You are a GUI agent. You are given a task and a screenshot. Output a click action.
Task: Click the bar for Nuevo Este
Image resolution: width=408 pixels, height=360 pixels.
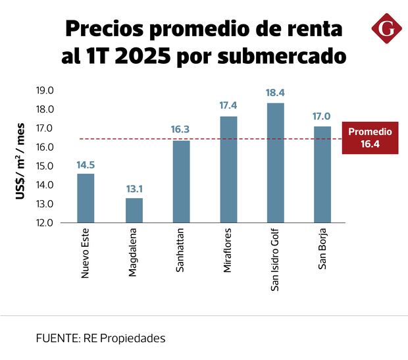(x=86, y=198)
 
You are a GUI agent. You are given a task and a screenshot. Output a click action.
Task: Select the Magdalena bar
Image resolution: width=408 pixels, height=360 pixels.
(x=134, y=210)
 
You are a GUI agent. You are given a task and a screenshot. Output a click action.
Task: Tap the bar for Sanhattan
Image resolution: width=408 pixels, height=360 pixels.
(x=181, y=182)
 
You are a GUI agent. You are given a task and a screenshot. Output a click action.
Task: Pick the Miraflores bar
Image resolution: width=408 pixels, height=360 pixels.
(x=228, y=170)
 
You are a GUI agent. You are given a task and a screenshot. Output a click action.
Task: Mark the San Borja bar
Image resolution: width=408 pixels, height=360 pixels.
(x=322, y=174)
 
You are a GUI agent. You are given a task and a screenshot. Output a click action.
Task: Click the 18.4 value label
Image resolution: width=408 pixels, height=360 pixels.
(x=275, y=93)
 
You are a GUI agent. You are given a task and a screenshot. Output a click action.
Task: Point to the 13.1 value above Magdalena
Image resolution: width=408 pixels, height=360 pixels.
(x=134, y=188)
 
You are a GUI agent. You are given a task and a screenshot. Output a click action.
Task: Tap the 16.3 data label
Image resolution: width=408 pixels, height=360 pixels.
(x=181, y=130)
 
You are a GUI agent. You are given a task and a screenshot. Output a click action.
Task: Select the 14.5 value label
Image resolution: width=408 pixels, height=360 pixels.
(x=86, y=164)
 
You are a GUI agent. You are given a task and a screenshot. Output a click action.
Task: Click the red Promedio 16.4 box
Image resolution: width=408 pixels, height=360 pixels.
(x=370, y=138)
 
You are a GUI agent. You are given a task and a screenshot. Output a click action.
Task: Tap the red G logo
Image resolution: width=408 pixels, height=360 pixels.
(x=385, y=29)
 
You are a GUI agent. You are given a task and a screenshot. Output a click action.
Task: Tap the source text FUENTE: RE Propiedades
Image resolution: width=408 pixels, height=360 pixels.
(x=101, y=338)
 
